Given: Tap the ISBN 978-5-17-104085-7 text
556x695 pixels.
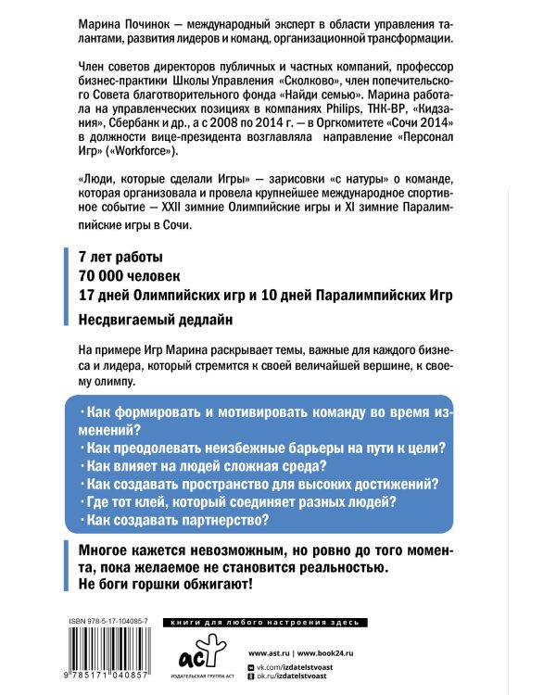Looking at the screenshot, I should click(x=108, y=619).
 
